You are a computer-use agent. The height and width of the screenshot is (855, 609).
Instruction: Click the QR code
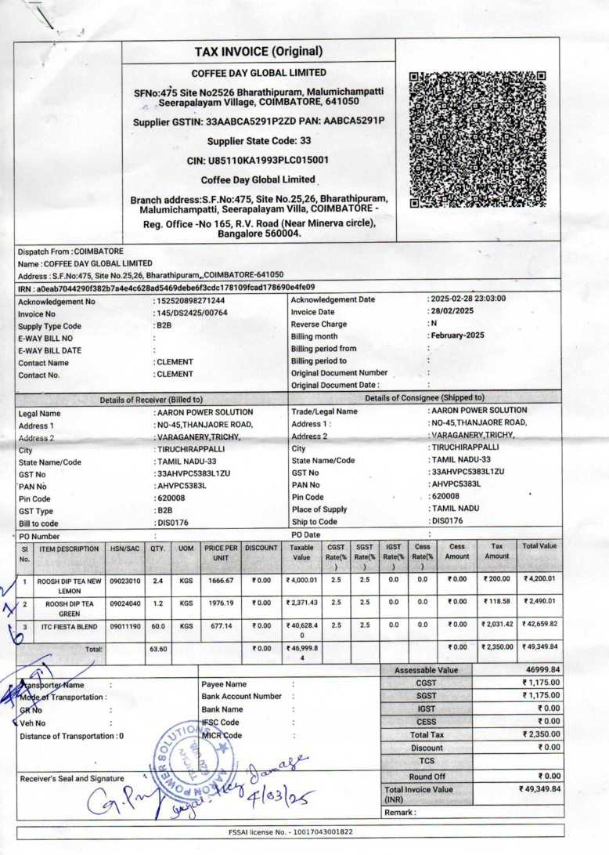coord(477,139)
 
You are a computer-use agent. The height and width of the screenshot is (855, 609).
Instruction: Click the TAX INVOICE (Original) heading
coord(258,52)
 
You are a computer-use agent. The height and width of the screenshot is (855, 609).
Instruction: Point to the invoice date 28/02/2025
coord(455,312)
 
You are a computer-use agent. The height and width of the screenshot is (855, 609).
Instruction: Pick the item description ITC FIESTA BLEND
coord(70,627)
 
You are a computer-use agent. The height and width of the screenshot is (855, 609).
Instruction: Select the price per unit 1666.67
coord(220,581)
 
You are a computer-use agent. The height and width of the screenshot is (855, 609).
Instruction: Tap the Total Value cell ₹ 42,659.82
coord(539,624)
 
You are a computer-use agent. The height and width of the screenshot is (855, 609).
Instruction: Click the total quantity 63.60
coord(159,650)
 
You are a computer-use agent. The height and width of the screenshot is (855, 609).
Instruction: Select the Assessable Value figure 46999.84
coord(539,670)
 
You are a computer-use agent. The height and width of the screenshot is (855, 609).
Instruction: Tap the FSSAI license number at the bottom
coord(289,831)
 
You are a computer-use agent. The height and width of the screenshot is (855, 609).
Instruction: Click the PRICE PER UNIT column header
coord(221,552)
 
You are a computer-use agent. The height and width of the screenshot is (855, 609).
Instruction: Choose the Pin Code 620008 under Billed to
coord(173,498)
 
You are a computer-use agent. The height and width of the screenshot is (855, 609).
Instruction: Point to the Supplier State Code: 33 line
coord(258,141)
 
